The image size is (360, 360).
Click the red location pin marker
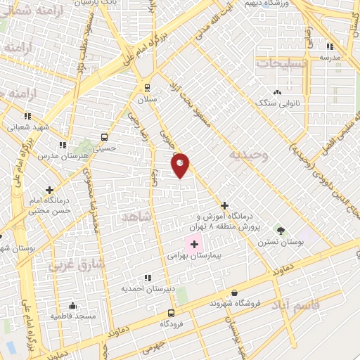tap(181, 165)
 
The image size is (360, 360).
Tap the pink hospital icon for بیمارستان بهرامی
tap(194, 244)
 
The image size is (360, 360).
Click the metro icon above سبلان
tap(147, 87)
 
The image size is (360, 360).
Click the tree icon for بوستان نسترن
tap(281, 230)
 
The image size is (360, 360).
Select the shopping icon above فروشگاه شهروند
tap(234, 292)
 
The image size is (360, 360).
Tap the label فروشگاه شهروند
tap(235, 303)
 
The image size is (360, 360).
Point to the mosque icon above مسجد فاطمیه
tap(72, 306)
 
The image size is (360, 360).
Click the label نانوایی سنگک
tap(277, 103)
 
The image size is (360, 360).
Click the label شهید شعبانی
tap(27, 127)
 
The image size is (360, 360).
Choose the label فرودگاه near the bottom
tap(172, 323)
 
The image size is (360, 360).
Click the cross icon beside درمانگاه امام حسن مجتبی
tap(49, 189)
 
